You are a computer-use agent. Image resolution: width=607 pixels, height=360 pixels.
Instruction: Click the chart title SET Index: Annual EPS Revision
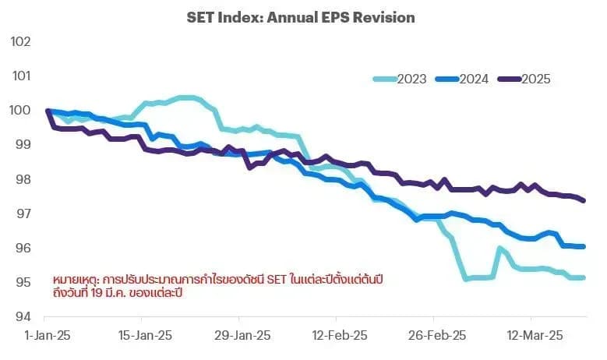(301, 17)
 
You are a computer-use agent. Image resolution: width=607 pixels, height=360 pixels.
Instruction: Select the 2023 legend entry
(400, 79)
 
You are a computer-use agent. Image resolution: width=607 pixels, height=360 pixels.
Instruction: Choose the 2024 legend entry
(462, 79)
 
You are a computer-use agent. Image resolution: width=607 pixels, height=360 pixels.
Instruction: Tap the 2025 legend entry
(524, 79)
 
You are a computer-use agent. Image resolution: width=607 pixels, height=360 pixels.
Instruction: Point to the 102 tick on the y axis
(20, 41)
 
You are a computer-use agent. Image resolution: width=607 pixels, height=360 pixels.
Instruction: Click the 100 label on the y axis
(20, 110)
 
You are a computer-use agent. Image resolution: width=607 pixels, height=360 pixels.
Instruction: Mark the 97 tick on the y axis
(23, 214)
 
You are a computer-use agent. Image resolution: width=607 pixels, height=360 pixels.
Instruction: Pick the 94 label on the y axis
(23, 316)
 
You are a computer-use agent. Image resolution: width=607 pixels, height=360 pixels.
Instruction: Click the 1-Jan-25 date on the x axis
(48, 335)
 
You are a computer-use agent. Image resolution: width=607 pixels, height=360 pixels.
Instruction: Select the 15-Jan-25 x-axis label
(145, 335)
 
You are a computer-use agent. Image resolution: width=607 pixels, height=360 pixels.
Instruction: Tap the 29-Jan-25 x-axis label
(242, 335)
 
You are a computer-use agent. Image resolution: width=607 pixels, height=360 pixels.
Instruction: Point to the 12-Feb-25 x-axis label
(340, 335)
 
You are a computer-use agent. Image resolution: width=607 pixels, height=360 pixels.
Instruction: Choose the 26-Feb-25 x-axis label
(437, 335)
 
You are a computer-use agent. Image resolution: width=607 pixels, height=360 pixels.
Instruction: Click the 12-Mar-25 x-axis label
(535, 335)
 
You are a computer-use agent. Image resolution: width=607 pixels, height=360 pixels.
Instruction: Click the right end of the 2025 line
(584, 200)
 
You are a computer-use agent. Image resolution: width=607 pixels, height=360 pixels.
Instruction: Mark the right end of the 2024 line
(584, 246)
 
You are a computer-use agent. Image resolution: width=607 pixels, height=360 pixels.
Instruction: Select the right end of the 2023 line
(584, 277)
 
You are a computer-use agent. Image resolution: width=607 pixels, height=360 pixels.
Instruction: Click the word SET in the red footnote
(277, 280)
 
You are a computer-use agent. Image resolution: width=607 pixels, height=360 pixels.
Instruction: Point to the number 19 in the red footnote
(97, 293)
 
